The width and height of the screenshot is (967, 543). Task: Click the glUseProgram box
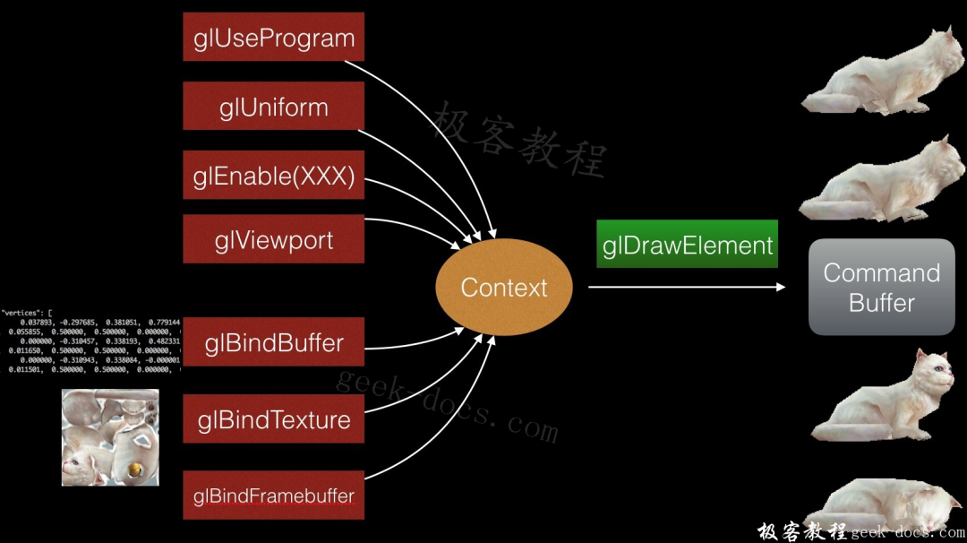coord(273,38)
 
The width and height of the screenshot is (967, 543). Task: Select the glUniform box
coord(273,107)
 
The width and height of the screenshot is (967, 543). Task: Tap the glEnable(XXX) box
coord(273,176)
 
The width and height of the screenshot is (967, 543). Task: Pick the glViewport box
coord(273,239)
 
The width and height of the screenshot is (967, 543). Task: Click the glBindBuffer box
coord(273,342)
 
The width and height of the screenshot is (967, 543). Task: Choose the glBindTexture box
coord(273,418)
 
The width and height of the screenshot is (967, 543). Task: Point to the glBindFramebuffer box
coord(273,496)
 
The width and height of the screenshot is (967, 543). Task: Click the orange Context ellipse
coord(503,288)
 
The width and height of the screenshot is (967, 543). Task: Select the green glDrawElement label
coord(687,244)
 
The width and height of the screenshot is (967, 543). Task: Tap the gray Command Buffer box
coord(881,287)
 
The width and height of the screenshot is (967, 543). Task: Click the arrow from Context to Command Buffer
coord(685,288)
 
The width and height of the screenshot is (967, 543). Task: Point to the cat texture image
coord(110,437)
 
